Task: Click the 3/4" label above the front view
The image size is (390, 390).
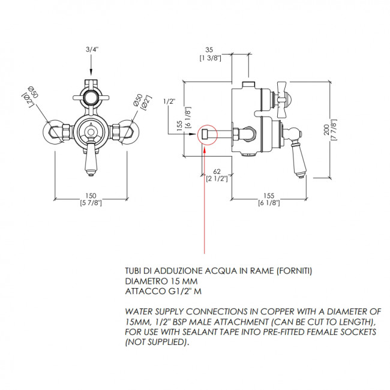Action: (91, 50)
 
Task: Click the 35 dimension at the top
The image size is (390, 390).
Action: (209, 50)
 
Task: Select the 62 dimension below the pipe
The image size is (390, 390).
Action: (217, 172)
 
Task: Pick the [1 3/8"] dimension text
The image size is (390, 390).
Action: (209, 58)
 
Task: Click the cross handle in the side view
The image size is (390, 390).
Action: (284, 95)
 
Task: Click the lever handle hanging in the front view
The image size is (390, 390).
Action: (91, 159)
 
